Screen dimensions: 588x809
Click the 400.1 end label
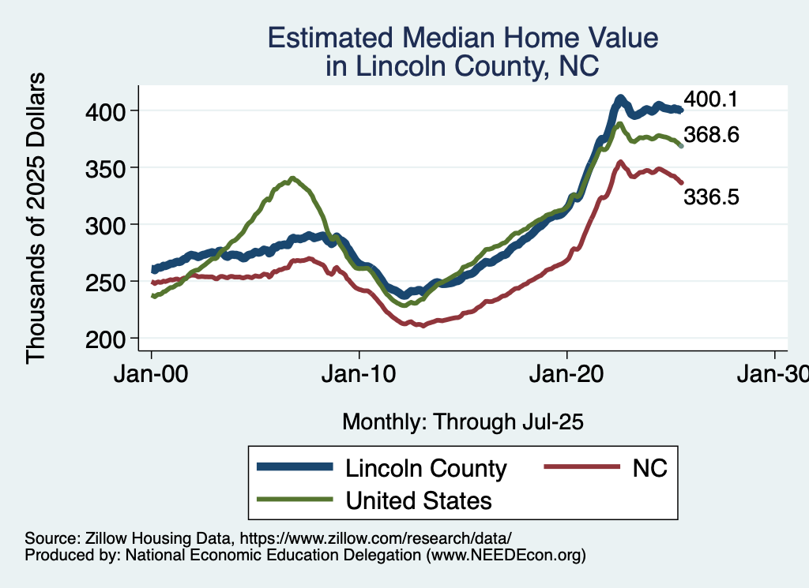tap(710, 99)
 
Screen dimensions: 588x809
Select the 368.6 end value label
tap(712, 135)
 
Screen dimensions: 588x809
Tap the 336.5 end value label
tap(711, 197)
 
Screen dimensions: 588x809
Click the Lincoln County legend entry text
tap(425, 468)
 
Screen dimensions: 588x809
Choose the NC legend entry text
tap(649, 468)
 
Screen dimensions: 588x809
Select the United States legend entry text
tap(418, 500)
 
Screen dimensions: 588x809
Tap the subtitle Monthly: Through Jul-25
tap(462, 422)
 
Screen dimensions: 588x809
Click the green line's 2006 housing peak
tap(293, 178)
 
